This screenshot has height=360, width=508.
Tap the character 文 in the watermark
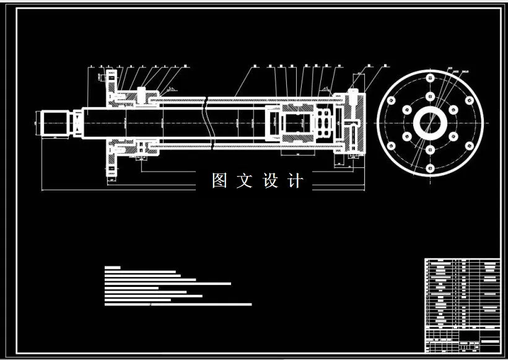(245, 181)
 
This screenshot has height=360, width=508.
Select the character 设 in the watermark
(271, 181)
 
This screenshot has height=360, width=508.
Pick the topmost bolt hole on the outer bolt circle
(430, 78)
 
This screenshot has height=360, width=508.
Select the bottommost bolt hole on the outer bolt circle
(430, 167)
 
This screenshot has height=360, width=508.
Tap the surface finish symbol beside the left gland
(172, 89)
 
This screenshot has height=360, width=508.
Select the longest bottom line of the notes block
(178, 304)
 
